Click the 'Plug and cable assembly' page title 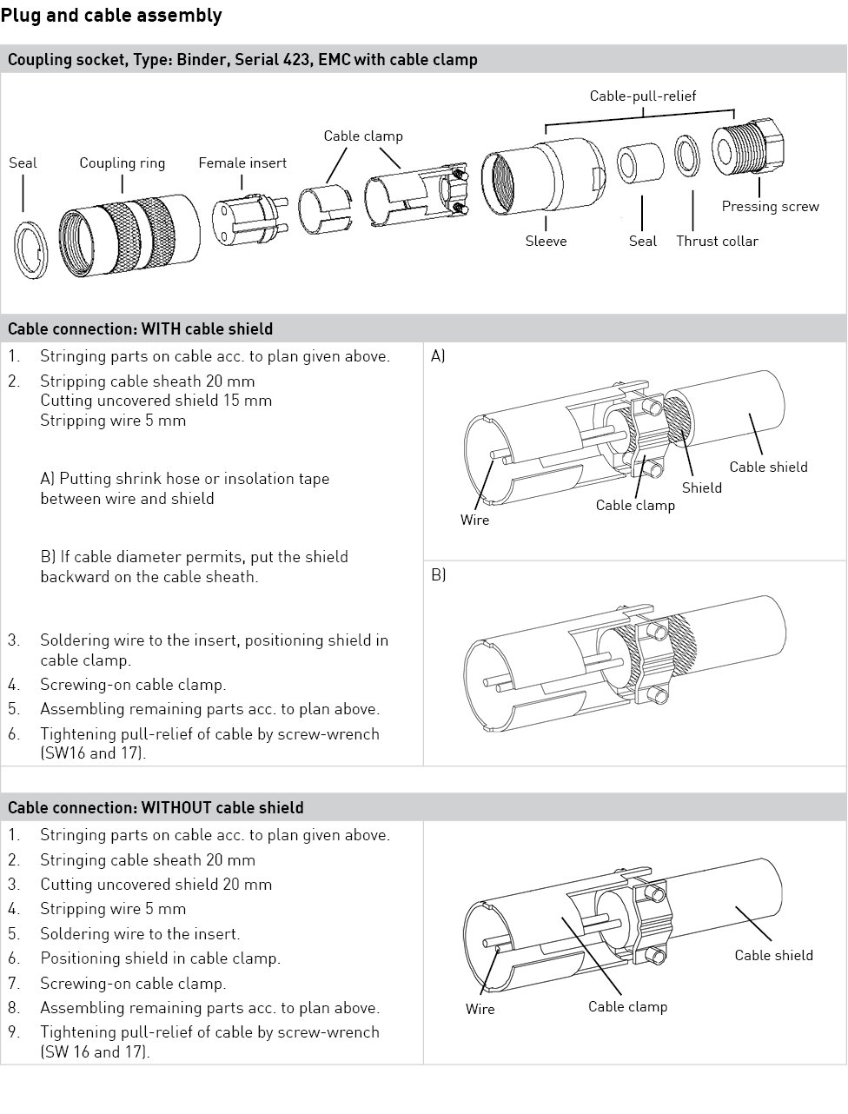click(x=111, y=16)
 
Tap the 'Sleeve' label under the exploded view click(x=546, y=241)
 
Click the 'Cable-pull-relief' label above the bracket click(x=642, y=96)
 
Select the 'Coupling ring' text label click(x=122, y=162)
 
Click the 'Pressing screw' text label click(x=770, y=206)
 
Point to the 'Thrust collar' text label click(x=717, y=241)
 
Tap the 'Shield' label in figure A click(x=701, y=487)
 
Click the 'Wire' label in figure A click(x=474, y=520)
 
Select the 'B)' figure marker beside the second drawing click(x=438, y=574)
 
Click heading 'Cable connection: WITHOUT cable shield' click(x=156, y=807)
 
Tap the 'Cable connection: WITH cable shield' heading click(x=140, y=328)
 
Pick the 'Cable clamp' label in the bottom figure click(x=627, y=1006)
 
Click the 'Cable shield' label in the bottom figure click(x=773, y=955)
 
